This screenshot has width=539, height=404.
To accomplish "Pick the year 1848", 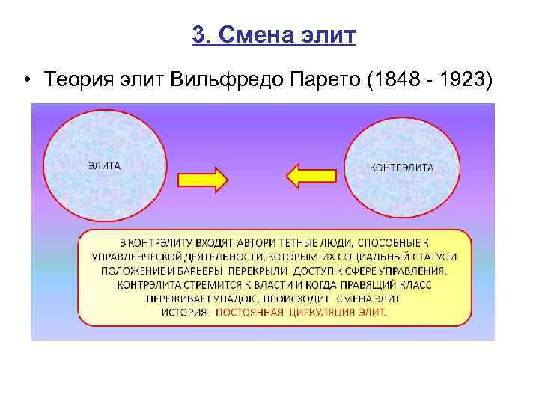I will (x=394, y=81).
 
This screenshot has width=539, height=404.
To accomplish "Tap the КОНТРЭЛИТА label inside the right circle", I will (x=401, y=167).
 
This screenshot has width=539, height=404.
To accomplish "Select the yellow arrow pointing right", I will (x=202, y=179).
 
